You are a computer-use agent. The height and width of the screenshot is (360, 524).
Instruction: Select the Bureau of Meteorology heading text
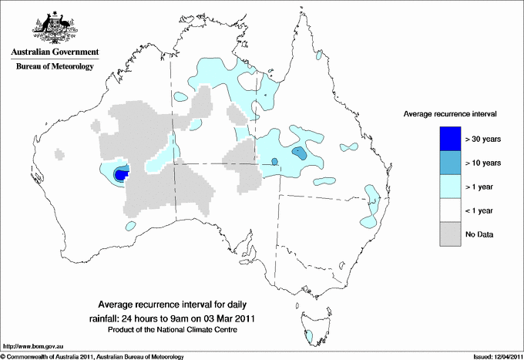(55, 67)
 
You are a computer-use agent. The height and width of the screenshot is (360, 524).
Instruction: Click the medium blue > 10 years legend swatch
(445, 163)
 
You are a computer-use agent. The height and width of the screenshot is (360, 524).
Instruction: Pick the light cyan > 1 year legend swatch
(445, 186)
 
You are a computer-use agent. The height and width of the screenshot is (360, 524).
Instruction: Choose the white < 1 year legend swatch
(445, 210)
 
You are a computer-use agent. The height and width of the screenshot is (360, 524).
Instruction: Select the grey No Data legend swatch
(445, 234)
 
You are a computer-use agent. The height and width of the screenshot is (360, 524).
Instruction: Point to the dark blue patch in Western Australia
(120, 175)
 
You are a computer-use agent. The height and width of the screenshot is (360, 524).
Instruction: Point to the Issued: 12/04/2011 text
(494, 355)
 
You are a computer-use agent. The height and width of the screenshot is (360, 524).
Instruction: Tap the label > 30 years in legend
(483, 140)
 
